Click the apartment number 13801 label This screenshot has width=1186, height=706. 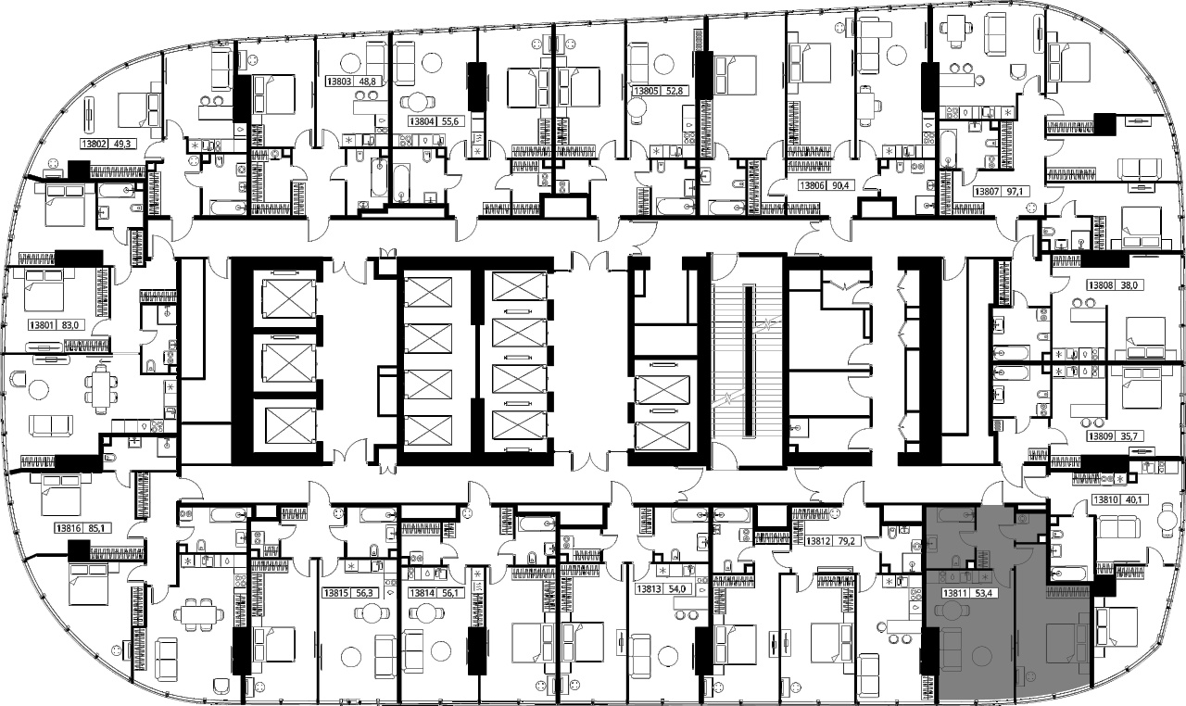point(42,325)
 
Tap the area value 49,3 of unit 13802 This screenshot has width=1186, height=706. point(121,144)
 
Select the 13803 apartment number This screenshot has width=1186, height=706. point(339,82)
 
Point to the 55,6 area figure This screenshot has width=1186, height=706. point(449,121)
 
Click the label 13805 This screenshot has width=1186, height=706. point(646,91)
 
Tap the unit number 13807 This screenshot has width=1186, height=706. point(987,192)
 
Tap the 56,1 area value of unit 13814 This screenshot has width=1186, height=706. point(449,593)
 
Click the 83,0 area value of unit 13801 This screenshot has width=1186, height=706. point(69,325)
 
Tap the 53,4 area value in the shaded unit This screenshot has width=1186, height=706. point(982,593)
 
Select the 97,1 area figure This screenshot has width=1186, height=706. point(1014,192)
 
